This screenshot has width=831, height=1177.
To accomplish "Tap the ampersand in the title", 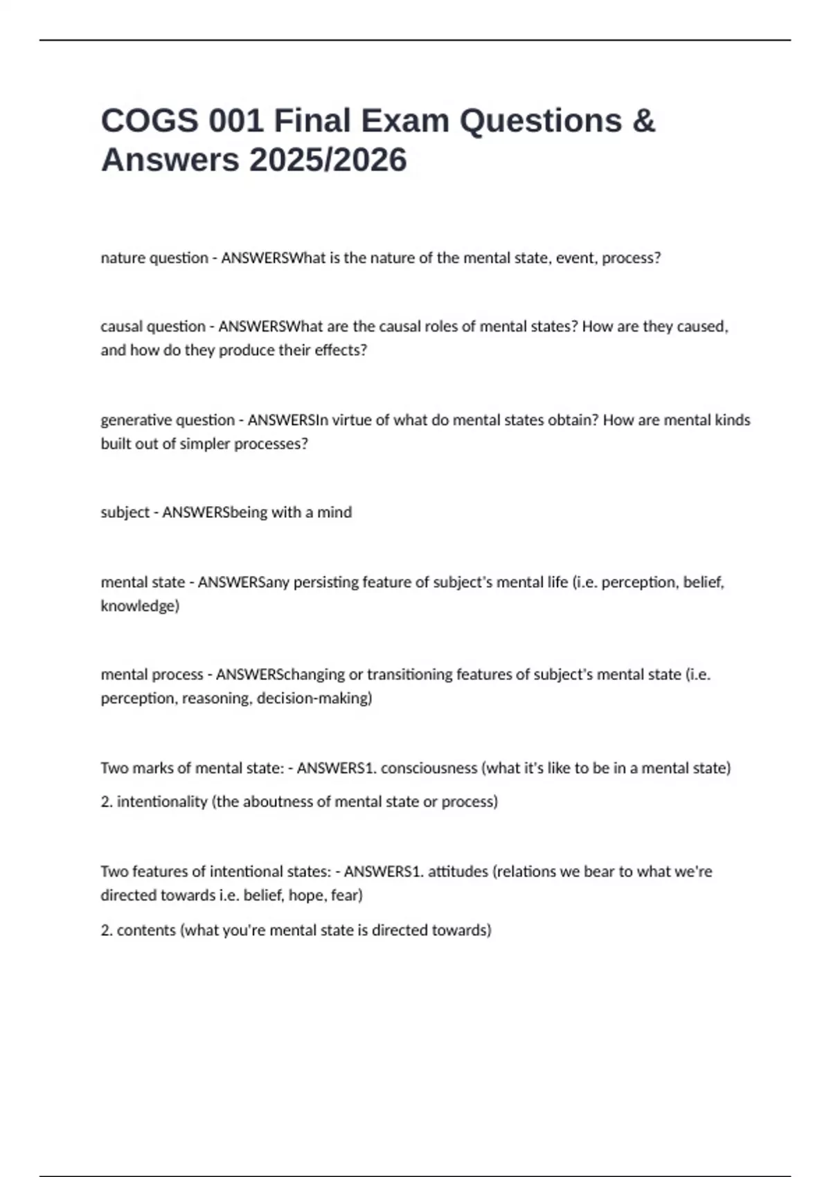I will pyautogui.click(x=643, y=120).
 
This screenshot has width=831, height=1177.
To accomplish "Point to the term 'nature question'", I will pyautogui.click(x=154, y=258).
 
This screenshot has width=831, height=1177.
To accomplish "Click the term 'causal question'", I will pyautogui.click(x=152, y=327).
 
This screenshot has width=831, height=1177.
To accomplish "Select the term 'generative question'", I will pyautogui.click(x=168, y=420).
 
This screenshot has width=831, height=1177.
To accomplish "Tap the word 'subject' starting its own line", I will pyautogui.click(x=125, y=512).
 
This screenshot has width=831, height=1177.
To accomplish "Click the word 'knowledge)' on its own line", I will pyautogui.click(x=140, y=606).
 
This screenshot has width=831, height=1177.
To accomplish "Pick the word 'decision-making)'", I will pyautogui.click(x=314, y=698).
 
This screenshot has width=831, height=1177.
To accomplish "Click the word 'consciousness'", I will pyautogui.click(x=429, y=768).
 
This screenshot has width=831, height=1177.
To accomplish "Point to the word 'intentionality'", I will pyautogui.click(x=162, y=802).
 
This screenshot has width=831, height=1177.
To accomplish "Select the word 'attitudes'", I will pyautogui.click(x=458, y=872).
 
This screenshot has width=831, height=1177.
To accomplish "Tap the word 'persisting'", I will pyautogui.click(x=327, y=582).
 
